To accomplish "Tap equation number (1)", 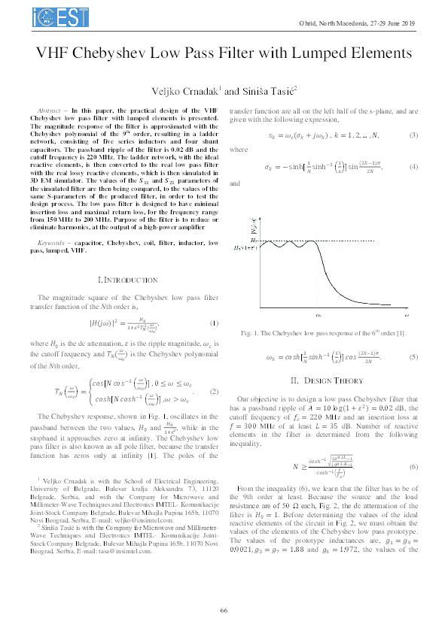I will [x=214, y=323].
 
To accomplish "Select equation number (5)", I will [x=413, y=358].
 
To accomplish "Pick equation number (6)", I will [x=413, y=467].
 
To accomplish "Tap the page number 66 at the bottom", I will [x=224, y=610].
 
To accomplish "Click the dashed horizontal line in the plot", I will [x=286, y=245].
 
